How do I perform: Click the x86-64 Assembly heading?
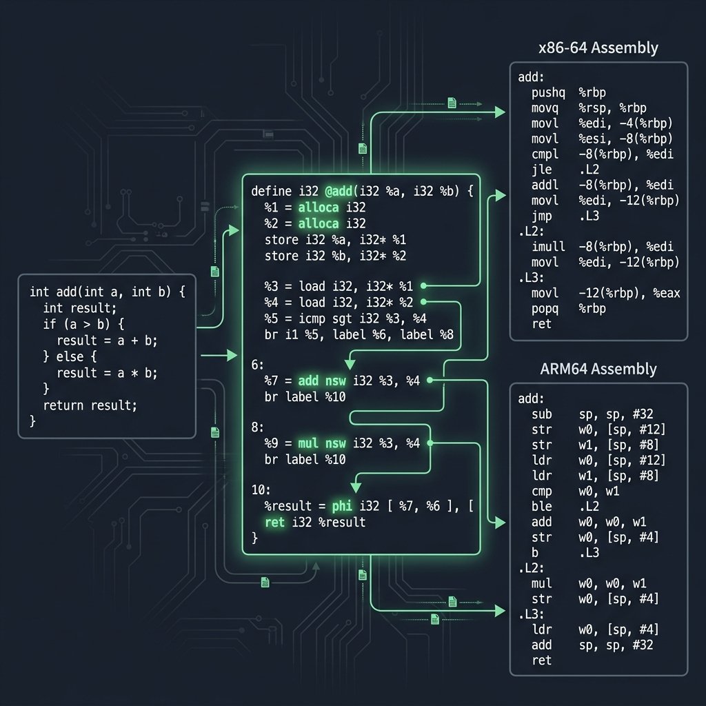point(598,48)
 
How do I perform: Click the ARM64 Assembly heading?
point(598,369)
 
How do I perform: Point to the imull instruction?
point(549,247)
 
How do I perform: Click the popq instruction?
point(546,308)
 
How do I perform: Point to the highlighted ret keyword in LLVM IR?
point(274,523)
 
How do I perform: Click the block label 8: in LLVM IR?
point(257,427)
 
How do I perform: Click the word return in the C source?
point(63,405)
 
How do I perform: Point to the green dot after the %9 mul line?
point(430,444)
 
